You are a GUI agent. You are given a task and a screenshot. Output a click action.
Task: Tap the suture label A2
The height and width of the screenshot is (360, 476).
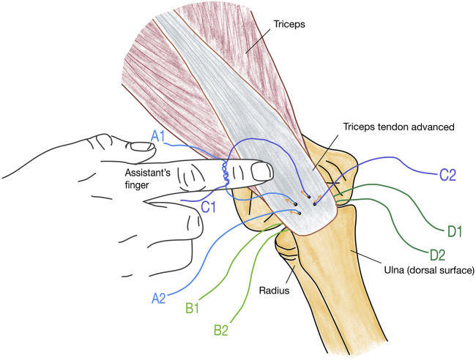160,298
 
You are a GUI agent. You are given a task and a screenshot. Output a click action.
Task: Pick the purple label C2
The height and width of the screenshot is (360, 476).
450,175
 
